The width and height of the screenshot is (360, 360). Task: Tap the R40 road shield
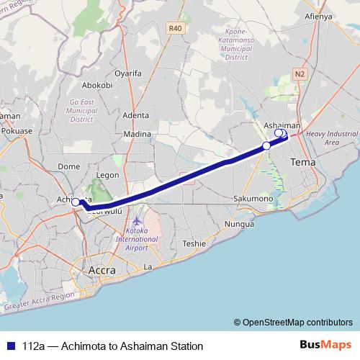coord(175,28)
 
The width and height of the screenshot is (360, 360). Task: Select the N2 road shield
coord(300,73)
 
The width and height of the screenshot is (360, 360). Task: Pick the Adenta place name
coord(135,115)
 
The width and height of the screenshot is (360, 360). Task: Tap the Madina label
coord(137,134)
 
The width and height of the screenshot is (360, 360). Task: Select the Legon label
coord(107,174)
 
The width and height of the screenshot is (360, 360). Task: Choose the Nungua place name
coord(240,224)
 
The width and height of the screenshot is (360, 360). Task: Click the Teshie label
coord(194,243)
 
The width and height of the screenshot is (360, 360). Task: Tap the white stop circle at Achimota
coord(75,202)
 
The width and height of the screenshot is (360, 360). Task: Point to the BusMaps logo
coord(326,346)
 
